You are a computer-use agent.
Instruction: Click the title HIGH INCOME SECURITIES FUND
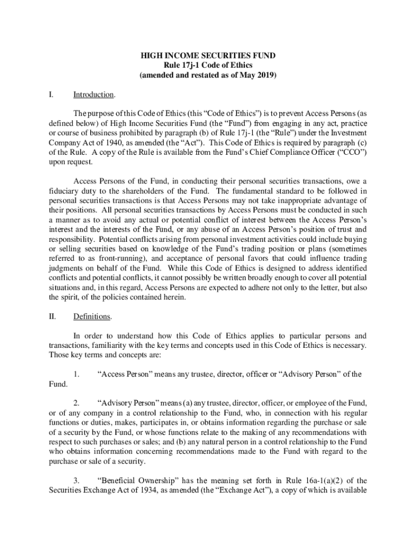[208, 55]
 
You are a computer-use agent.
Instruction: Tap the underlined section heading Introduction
[93, 95]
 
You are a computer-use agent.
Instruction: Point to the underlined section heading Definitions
[92, 316]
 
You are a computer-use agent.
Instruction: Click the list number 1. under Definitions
[77, 374]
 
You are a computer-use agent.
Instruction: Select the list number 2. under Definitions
[77, 403]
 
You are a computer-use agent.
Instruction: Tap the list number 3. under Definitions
[77, 480]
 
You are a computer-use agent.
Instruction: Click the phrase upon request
[71, 162]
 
